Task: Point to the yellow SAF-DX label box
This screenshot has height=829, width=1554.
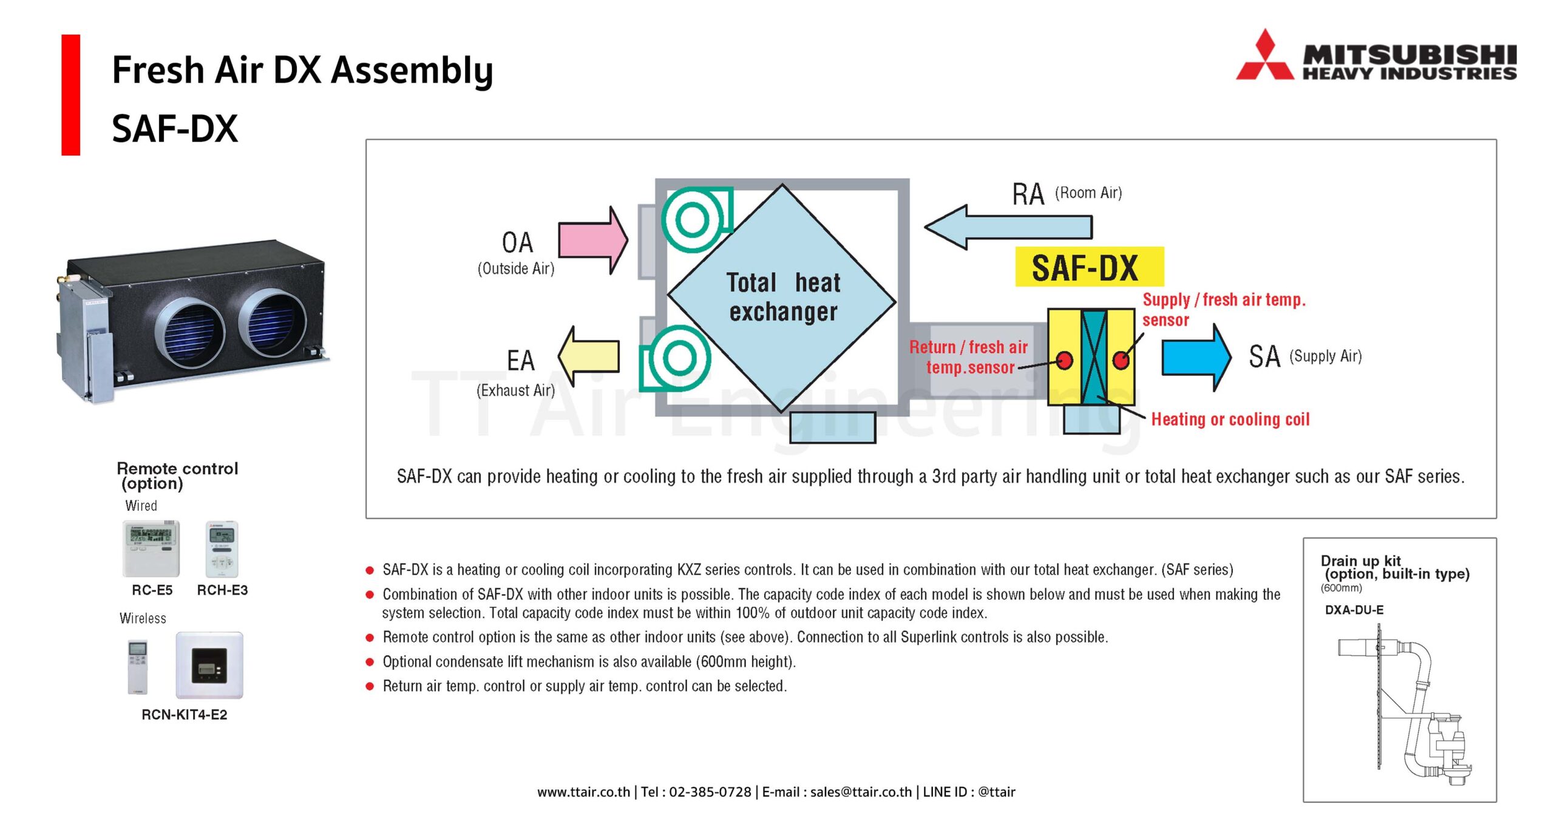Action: (1089, 267)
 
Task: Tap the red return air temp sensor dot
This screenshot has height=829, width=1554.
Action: (1064, 361)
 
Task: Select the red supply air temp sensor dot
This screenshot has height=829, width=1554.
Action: (1121, 360)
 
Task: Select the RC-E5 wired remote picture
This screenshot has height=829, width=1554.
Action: (151, 548)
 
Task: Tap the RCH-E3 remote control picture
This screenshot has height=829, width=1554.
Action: (222, 548)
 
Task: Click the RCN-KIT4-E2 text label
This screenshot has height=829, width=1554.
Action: (184, 715)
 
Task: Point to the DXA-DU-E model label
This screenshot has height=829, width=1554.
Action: (1354, 610)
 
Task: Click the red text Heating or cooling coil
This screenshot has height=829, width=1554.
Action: (1230, 419)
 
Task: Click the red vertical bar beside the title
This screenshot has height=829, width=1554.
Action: (70, 95)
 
